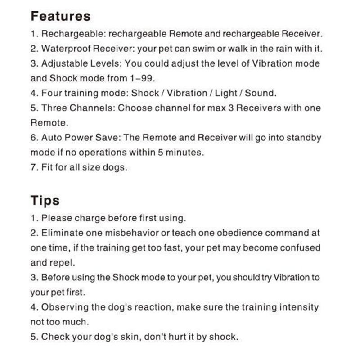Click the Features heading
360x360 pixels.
[60, 17]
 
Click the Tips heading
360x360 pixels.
[45, 200]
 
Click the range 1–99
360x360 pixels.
[142, 78]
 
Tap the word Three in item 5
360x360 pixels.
[54, 108]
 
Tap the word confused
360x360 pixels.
[298, 248]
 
